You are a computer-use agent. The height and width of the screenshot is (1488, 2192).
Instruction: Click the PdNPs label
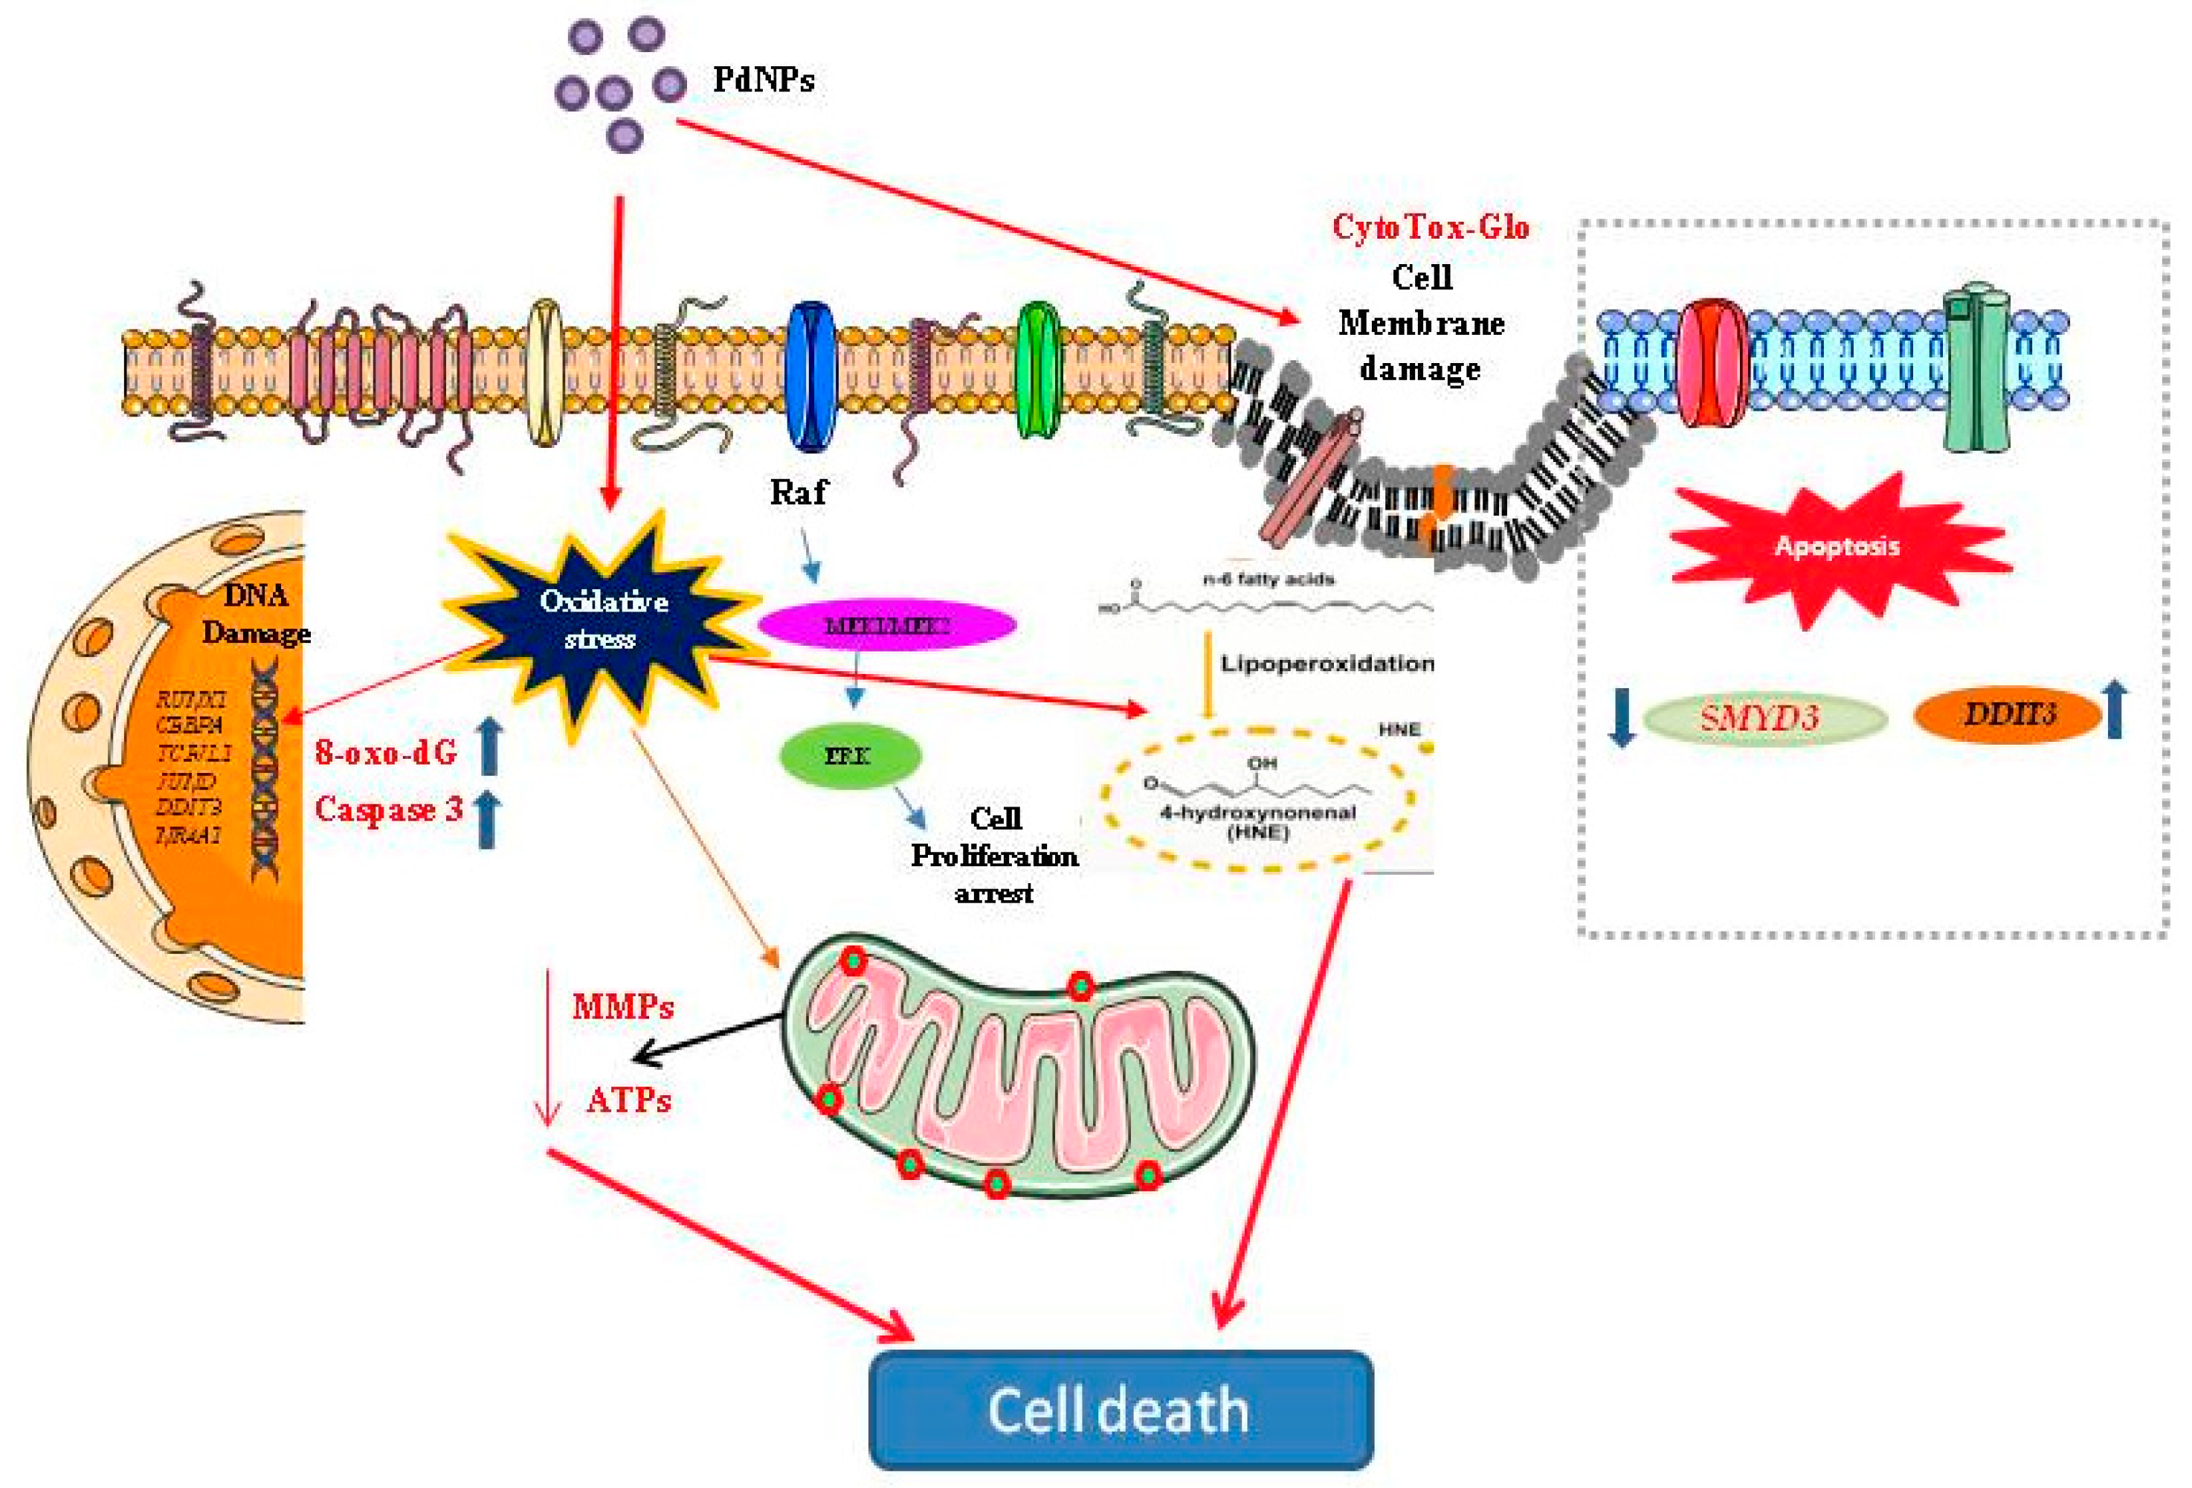(762, 80)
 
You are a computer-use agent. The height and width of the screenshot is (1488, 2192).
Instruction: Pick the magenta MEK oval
(886, 625)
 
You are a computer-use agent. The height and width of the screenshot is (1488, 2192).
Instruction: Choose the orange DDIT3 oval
(2007, 714)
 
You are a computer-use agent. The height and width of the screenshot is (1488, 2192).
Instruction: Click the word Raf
(797, 493)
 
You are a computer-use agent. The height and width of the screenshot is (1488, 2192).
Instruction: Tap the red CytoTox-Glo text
(1429, 228)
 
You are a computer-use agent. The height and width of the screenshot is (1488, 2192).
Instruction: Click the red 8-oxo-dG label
(385, 752)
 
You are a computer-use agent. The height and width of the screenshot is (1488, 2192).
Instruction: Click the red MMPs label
(622, 1007)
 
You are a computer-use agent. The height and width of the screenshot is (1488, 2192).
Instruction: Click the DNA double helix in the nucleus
(265, 769)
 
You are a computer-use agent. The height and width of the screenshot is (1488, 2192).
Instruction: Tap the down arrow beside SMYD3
(1622, 717)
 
